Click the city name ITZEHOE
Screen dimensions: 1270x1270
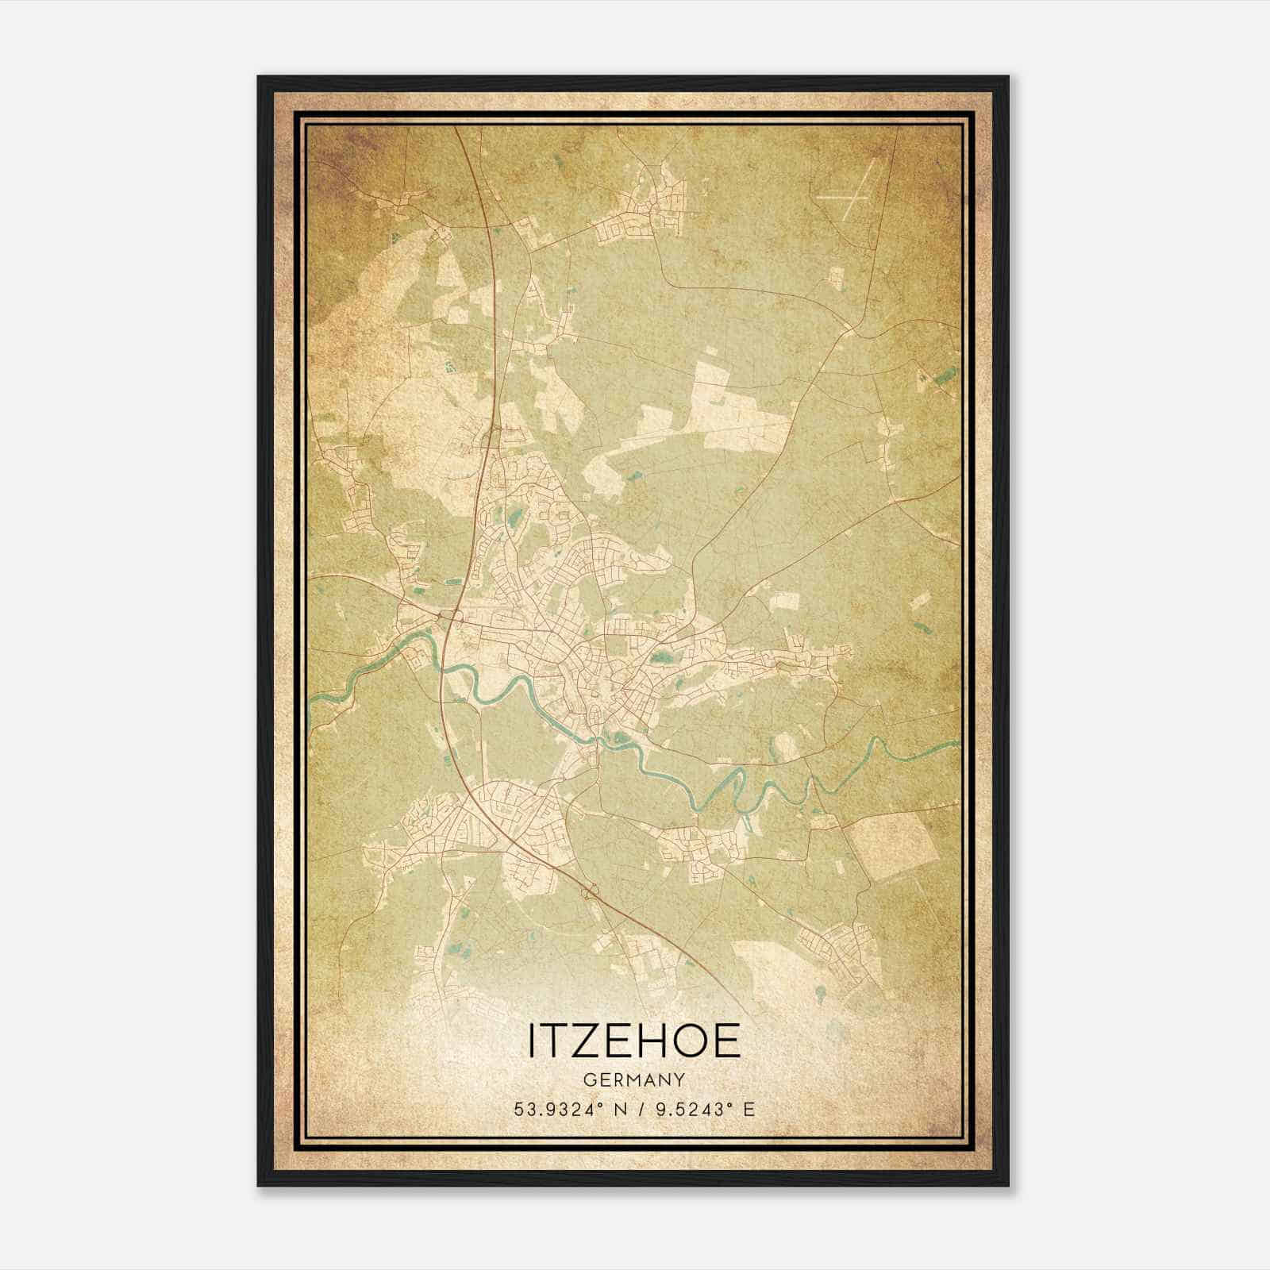(633, 1041)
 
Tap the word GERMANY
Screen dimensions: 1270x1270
(633, 1080)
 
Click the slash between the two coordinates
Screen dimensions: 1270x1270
(636, 1109)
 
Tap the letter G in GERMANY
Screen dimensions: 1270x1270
(588, 1080)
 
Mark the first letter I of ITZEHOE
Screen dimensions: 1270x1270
(532, 1041)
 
